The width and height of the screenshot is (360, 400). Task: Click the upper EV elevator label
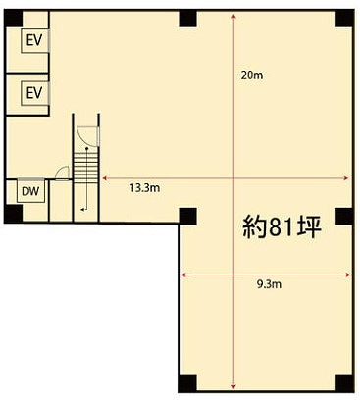pos(34,40)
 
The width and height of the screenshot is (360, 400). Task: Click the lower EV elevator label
pos(34,93)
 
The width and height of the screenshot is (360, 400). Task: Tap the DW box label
pos(30,191)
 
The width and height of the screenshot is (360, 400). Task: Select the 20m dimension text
pos(252,75)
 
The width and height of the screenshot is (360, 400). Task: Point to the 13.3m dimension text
pos(145,188)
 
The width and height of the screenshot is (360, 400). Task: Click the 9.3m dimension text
pos(269,284)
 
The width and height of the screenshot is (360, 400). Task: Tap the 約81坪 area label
pos(282,227)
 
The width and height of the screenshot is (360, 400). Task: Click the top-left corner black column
pos(13,19)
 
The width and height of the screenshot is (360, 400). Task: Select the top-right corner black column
pos(345,19)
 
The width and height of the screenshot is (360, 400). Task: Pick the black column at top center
pos(188,19)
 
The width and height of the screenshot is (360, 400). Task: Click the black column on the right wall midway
pos(345,217)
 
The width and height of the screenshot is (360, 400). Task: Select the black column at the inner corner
pos(188,217)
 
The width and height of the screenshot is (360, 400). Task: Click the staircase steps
pos(85,169)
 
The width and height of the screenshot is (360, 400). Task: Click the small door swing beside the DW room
pos(62,173)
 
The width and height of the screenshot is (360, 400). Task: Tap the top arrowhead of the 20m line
pos(234,18)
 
